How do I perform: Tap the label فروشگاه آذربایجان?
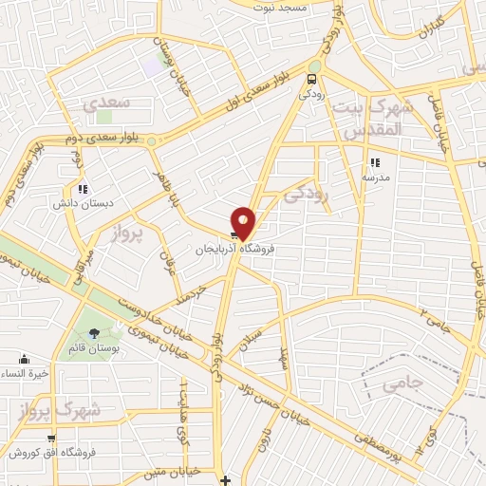click(x=226, y=251)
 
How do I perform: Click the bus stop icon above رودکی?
click(x=313, y=79)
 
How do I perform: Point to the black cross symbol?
click(x=224, y=479)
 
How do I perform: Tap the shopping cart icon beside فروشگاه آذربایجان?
click(x=234, y=236)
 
